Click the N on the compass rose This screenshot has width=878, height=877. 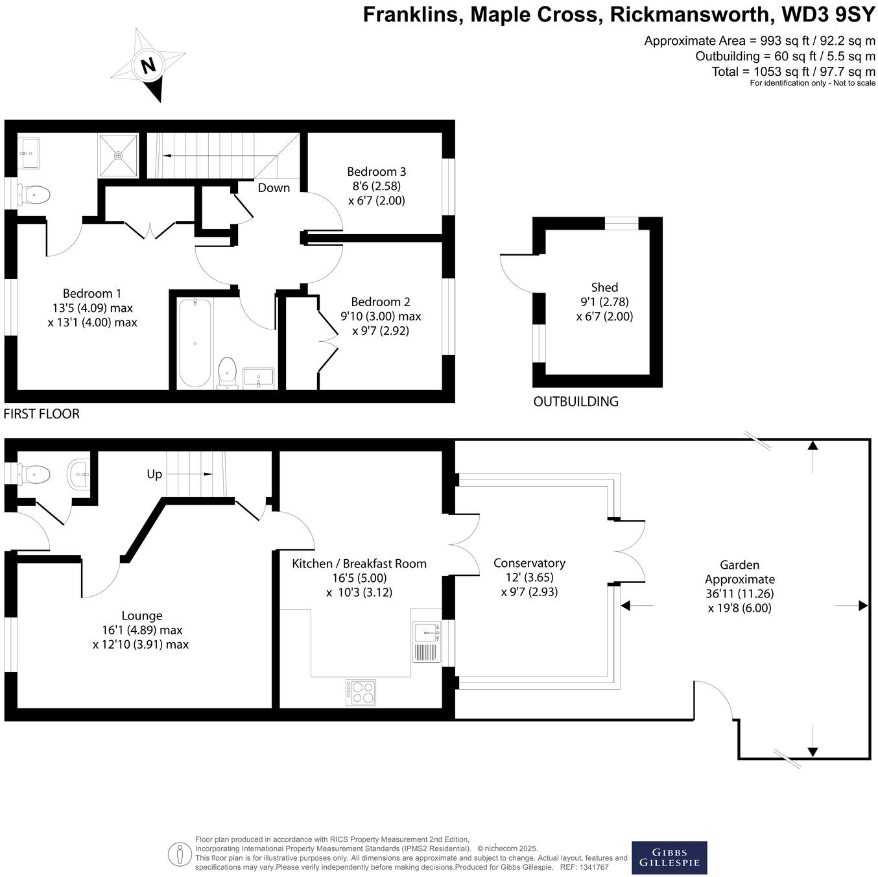coord(148,66)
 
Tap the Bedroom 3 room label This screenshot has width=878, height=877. coord(376,172)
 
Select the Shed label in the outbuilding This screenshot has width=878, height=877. coord(604,287)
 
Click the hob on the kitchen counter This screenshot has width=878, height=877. coord(361,692)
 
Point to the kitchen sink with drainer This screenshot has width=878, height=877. coord(426,642)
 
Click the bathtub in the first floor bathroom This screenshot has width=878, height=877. coord(195,342)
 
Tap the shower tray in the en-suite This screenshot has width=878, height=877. coord(118,155)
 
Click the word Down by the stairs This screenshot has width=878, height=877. coord(274,188)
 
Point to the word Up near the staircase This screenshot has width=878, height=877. coord(154,474)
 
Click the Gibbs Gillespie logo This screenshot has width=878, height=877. coord(669,858)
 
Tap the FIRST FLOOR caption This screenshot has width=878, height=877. coord(42,414)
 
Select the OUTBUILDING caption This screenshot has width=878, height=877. coord(576,402)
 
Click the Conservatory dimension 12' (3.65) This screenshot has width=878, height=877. coord(529,577)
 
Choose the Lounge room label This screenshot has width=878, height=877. coord(142,616)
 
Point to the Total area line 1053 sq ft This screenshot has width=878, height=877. coord(793,71)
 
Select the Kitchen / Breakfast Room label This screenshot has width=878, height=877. coord(359,564)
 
